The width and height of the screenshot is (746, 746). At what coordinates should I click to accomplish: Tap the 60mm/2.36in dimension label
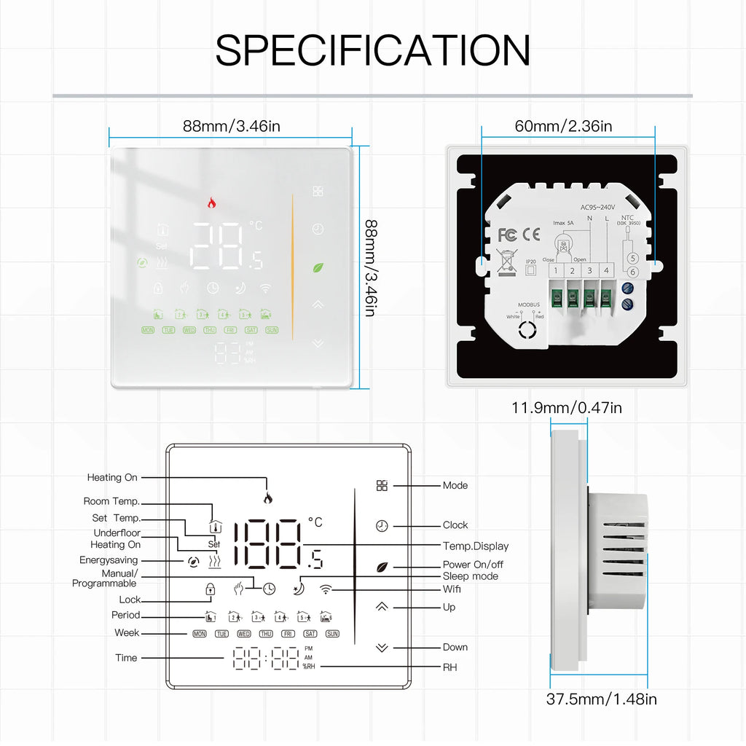point(563,126)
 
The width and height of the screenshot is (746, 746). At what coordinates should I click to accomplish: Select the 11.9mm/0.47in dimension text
point(566,407)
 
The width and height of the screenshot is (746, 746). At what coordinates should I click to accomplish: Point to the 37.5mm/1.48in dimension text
point(601,699)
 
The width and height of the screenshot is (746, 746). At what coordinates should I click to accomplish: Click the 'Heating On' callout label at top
point(112,478)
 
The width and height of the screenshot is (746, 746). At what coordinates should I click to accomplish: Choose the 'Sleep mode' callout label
point(471,576)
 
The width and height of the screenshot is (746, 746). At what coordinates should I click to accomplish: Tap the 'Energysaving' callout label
point(109,560)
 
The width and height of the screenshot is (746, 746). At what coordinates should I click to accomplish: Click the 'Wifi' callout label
point(452,589)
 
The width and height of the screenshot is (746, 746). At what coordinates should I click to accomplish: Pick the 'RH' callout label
point(449,667)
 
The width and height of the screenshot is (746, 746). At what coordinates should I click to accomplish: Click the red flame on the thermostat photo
point(211,203)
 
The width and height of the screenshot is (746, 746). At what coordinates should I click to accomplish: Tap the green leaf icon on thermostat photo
point(318,267)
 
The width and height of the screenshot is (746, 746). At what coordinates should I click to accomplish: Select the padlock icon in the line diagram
point(210,589)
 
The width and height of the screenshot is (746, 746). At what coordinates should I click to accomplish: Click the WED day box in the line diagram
point(243,634)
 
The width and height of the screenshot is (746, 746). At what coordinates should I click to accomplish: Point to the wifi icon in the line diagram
point(325,589)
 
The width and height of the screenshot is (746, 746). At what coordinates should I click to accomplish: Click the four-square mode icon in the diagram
point(382,486)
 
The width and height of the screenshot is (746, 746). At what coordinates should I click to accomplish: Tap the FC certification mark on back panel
point(508,235)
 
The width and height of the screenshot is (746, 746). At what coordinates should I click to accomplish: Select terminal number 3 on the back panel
point(589,271)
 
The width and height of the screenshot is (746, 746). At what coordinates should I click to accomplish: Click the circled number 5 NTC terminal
point(632,258)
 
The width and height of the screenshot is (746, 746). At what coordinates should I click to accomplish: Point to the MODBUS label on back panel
point(529,307)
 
